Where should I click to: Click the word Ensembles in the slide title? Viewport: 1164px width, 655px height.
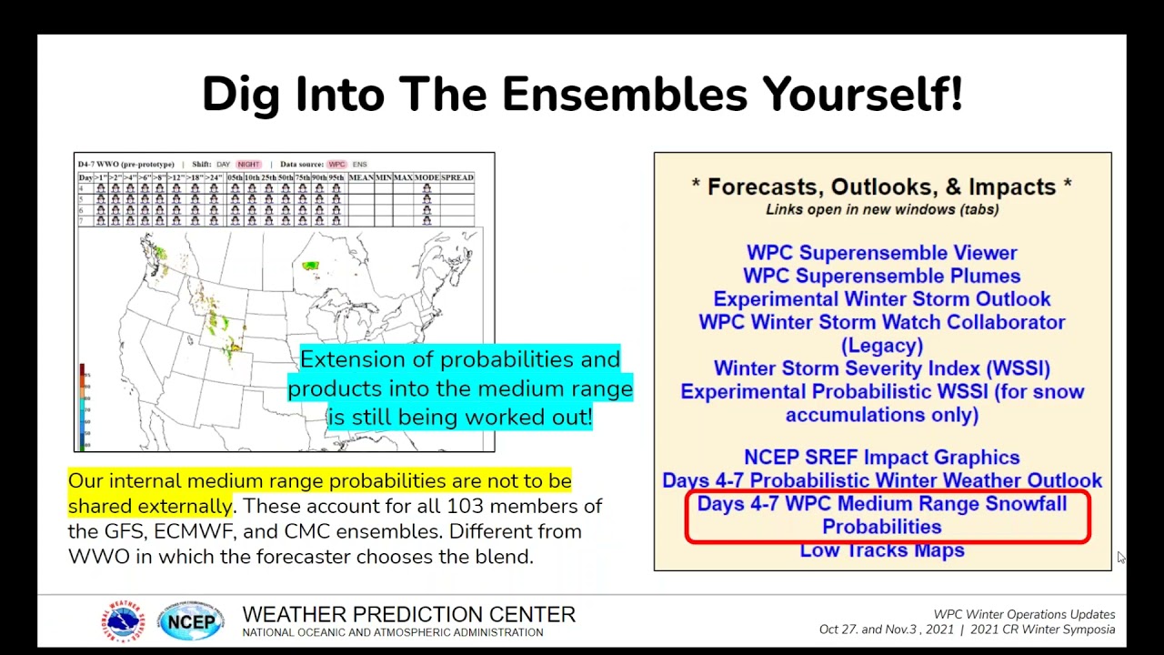[x=627, y=95]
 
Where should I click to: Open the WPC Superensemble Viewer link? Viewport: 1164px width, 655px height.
[x=881, y=253]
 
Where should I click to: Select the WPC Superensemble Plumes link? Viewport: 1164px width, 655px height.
[x=881, y=276]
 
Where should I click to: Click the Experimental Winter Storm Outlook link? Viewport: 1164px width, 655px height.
[x=881, y=299]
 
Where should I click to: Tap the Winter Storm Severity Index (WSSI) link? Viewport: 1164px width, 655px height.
[x=881, y=368]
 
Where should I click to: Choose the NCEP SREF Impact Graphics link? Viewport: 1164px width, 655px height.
[x=881, y=458]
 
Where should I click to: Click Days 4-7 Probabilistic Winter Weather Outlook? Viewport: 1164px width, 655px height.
[x=881, y=480]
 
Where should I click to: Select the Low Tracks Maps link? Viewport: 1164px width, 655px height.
[x=881, y=550]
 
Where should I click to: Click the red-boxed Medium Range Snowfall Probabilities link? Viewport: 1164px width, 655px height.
[x=881, y=515]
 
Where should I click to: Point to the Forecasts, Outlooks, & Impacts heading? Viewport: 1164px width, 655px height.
[x=881, y=186]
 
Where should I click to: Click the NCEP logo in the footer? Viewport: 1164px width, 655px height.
[x=191, y=622]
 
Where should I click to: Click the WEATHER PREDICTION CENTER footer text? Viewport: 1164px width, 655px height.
[x=408, y=615]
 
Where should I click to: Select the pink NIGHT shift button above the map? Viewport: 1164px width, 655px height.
[x=248, y=165]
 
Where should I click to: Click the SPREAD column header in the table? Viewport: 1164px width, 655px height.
[x=457, y=177]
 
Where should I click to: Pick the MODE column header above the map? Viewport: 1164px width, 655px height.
[x=426, y=177]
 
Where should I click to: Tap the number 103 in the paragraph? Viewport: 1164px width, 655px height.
[x=464, y=506]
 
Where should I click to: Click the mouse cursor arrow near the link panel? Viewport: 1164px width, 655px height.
[x=1121, y=558]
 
